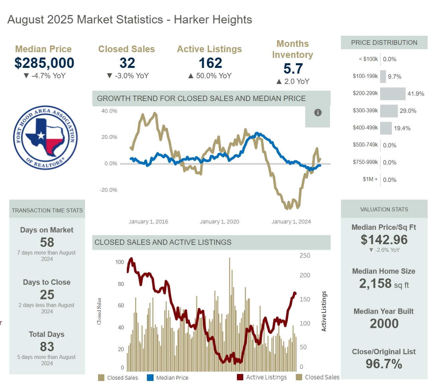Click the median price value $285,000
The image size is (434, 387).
coord(44,63)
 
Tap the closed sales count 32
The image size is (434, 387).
coord(127,63)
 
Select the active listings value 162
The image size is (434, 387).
coord(210,63)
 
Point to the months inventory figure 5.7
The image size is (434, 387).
coord(293,69)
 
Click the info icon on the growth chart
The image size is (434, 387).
coord(318,113)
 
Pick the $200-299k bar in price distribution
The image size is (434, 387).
coord(393,94)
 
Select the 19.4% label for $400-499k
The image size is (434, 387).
coord(402,128)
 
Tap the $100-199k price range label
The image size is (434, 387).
coord(365,76)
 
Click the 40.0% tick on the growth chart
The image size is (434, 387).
coord(109,111)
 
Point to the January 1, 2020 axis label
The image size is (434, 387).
coord(220,221)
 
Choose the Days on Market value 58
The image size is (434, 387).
coord(47,242)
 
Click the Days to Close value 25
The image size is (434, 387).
coord(47,295)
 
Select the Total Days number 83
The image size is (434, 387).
coord(47,347)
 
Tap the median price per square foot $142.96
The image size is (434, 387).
coord(384,239)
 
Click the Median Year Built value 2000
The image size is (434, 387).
coord(384,323)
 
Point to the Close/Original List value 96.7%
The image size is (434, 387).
coord(384,364)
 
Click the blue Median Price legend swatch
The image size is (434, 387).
coord(150,378)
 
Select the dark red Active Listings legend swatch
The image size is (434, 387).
coord(240,377)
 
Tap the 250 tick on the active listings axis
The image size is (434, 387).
coord(305,256)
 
